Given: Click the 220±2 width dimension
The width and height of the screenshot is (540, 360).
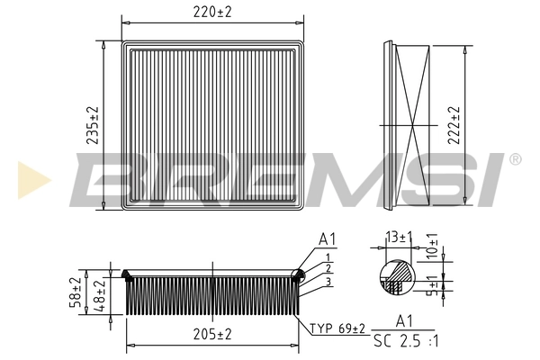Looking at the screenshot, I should point(212,13).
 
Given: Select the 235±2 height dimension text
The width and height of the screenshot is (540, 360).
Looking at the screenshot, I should point(91,124).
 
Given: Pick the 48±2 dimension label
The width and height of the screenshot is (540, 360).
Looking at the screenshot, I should point(100,295).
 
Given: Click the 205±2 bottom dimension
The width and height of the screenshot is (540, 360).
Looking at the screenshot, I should point(212,334).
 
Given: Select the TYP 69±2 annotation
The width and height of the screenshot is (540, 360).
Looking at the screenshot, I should point(336,328).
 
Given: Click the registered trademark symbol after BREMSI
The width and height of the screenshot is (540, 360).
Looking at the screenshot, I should point(514,159).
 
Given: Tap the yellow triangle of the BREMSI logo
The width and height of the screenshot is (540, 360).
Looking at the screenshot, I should point(28,179).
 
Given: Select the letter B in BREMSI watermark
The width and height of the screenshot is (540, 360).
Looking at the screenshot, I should point(101,178).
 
